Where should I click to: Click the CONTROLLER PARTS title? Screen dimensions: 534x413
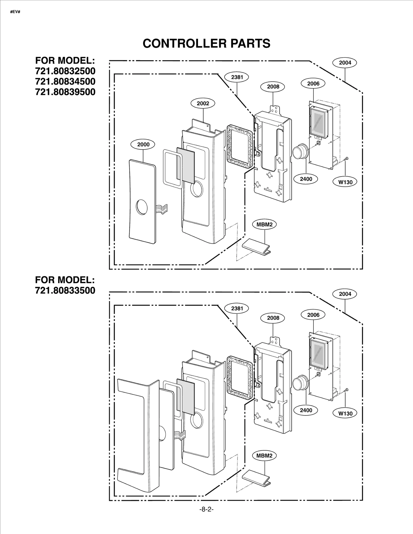pyautogui.click(x=206, y=43)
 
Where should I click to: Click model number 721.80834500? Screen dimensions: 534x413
pyautogui.click(x=65, y=81)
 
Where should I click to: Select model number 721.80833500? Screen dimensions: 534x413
pyautogui.click(x=65, y=290)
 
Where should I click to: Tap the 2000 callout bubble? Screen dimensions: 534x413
pyautogui.click(x=143, y=145)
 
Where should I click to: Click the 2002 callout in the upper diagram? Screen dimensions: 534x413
pyautogui.click(x=203, y=103)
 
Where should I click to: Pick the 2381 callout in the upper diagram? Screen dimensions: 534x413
pyautogui.click(x=237, y=77)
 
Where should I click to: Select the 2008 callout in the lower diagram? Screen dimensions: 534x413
pyautogui.click(x=273, y=318)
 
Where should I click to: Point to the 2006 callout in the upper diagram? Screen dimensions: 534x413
pyautogui.click(x=313, y=83)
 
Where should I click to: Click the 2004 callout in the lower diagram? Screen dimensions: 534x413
pyautogui.click(x=345, y=294)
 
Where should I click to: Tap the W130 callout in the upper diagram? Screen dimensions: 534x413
pyautogui.click(x=345, y=182)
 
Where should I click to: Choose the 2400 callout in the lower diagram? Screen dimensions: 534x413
pyautogui.click(x=306, y=410)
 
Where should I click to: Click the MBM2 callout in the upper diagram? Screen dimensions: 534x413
pyautogui.click(x=264, y=224)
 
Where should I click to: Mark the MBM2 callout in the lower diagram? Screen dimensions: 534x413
pyautogui.click(x=264, y=456)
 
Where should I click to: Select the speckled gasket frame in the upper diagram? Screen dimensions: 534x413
pyautogui.click(x=239, y=146)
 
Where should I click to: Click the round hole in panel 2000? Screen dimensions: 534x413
pyautogui.click(x=142, y=207)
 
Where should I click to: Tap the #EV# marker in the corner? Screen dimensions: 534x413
pyautogui.click(x=15, y=12)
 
